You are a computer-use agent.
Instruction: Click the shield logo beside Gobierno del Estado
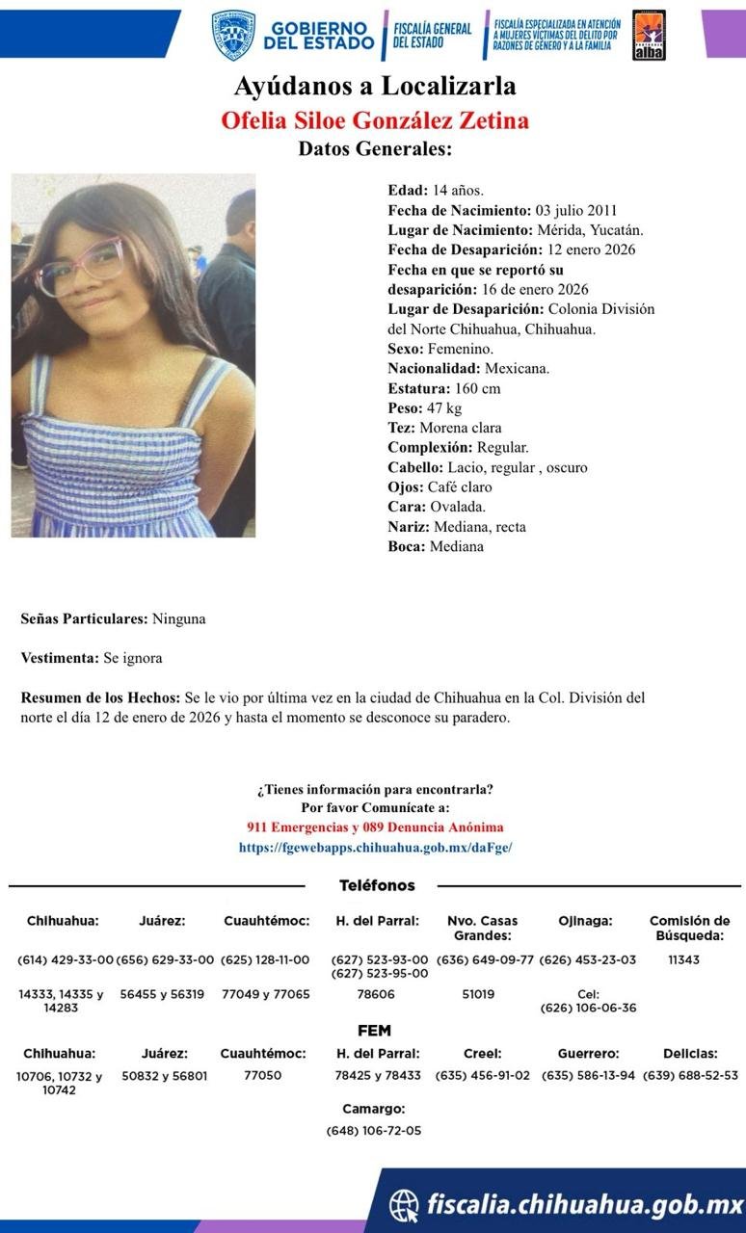tap(232, 36)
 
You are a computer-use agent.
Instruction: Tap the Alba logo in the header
tap(649, 36)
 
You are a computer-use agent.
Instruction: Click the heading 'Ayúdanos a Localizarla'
tap(374, 87)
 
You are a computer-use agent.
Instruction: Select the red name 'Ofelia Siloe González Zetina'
tap(374, 120)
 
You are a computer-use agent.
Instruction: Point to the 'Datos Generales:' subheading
tap(374, 149)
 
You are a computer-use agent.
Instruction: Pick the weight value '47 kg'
tap(444, 408)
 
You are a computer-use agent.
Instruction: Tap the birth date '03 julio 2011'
tap(575, 210)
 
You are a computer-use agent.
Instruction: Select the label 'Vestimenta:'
tap(60, 658)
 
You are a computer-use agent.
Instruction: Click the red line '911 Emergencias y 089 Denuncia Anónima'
tap(375, 827)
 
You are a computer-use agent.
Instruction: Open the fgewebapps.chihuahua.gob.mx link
tap(375, 848)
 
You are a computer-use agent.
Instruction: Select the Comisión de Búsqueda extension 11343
tap(683, 959)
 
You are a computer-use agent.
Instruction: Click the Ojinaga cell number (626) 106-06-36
tap(588, 1008)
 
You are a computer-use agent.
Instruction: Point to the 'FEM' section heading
tap(374, 1031)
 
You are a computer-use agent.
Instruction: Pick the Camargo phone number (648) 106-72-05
tap(374, 1130)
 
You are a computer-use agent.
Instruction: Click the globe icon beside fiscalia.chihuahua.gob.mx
tap(404, 1204)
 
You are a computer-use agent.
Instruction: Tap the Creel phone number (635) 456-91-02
tap(483, 1075)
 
